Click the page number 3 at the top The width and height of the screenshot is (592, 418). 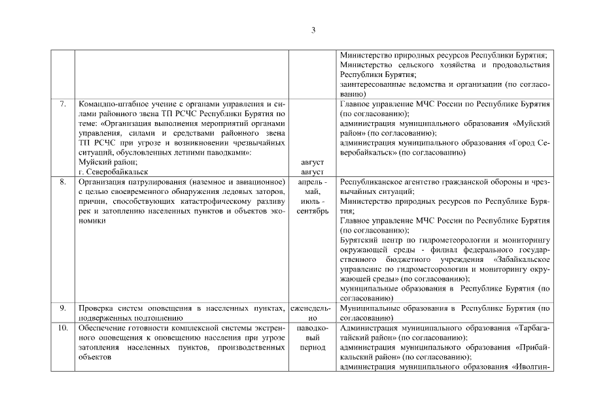[313, 30]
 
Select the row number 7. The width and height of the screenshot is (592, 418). [63, 104]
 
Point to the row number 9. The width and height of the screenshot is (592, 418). [63, 308]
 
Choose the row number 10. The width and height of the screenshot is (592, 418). [63, 327]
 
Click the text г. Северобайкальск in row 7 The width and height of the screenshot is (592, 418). [109, 170]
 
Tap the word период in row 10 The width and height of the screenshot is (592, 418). [312, 348]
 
